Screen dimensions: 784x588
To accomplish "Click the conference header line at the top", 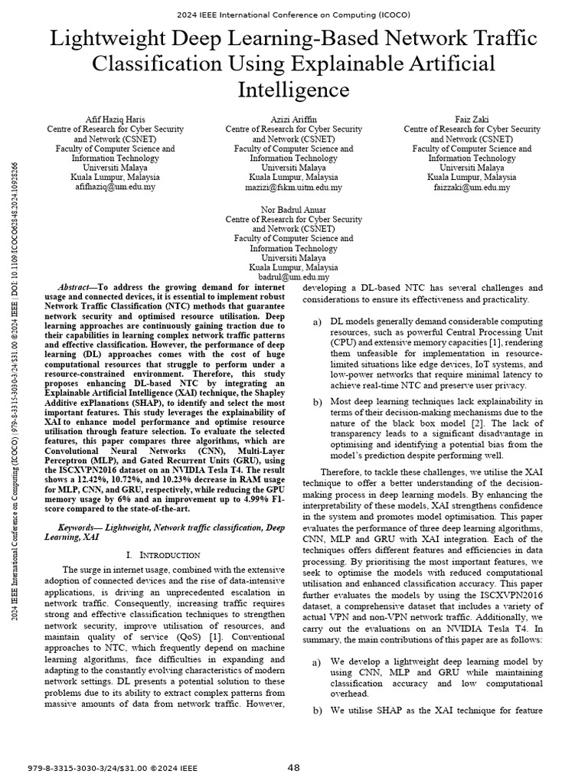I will (294, 15).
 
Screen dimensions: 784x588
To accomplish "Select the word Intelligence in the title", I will (294, 90).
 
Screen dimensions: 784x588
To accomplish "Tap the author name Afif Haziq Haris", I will (115, 120).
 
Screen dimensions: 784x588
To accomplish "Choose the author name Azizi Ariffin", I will (293, 120).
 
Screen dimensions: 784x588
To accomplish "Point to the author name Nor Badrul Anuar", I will (293, 210).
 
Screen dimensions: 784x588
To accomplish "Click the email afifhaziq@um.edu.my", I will (115, 187).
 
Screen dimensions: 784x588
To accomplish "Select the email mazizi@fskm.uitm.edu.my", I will (293, 187).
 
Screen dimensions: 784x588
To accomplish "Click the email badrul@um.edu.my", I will (293, 277).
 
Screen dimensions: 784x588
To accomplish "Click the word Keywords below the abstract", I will (80, 528).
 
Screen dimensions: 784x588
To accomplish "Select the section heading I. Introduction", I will (163, 554).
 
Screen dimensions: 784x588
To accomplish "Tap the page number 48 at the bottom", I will (294, 767).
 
